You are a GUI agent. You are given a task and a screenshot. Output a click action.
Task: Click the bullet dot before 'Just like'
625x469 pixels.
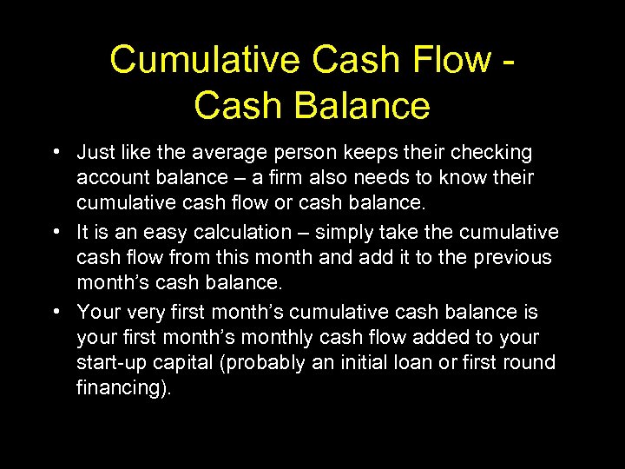55,153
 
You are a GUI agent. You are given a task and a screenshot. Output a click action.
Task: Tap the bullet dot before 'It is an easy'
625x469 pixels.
55,233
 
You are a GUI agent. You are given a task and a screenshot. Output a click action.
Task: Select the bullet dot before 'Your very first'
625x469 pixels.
55,312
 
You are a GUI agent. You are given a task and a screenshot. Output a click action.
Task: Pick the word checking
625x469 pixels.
490,154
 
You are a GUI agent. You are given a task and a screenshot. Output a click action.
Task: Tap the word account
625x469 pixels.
108,178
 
